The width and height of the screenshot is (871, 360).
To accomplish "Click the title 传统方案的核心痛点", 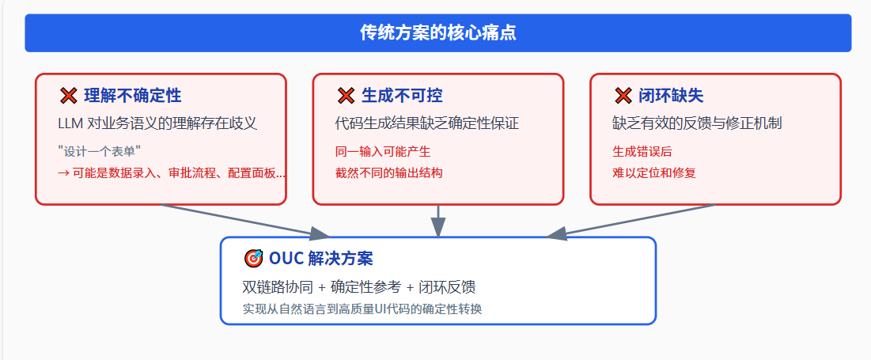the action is click(x=437, y=32).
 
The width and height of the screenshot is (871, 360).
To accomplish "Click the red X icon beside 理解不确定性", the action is click(x=69, y=96).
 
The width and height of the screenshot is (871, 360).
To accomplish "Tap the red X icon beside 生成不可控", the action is click(x=346, y=96).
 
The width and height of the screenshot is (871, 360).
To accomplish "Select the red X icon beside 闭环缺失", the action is click(x=623, y=96).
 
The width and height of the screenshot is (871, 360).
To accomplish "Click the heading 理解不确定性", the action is click(x=133, y=96).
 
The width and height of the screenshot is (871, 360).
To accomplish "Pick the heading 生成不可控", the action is click(x=402, y=96).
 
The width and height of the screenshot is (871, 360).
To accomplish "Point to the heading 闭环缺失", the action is click(x=671, y=96).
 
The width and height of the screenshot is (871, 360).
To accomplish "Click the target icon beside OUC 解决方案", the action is click(x=253, y=258).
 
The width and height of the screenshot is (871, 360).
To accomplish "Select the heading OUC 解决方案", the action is click(x=320, y=258).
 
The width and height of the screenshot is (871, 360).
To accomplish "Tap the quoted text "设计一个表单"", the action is click(x=100, y=150).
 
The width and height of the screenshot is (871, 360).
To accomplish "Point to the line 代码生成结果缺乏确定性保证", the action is click(x=427, y=123).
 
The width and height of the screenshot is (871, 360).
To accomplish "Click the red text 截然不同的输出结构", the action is click(x=388, y=172).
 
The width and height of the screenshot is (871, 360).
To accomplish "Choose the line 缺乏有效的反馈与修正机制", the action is click(x=697, y=123).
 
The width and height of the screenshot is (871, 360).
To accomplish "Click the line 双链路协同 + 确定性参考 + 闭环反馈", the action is click(x=358, y=286).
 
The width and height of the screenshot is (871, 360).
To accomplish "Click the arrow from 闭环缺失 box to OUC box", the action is click(x=633, y=221).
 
